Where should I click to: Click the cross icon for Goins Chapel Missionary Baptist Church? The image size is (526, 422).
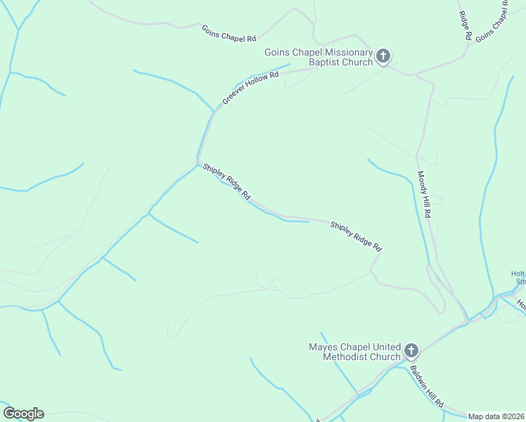click(x=383, y=56)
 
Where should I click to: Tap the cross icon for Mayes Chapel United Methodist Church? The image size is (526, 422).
click(x=411, y=350)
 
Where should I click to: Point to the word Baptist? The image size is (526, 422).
click(x=326, y=62)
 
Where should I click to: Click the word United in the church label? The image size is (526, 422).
click(x=382, y=347)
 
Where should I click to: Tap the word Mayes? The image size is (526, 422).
click(x=323, y=347)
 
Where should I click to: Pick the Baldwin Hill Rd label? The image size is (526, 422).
click(x=427, y=386)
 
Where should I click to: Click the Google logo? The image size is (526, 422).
click(x=23, y=414)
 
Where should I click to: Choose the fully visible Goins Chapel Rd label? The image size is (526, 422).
click(x=229, y=33)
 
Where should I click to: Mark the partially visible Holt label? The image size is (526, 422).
click(x=518, y=274)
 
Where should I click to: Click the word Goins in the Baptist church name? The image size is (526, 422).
click(x=278, y=52)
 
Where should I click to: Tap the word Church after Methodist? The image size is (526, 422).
click(x=385, y=357)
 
